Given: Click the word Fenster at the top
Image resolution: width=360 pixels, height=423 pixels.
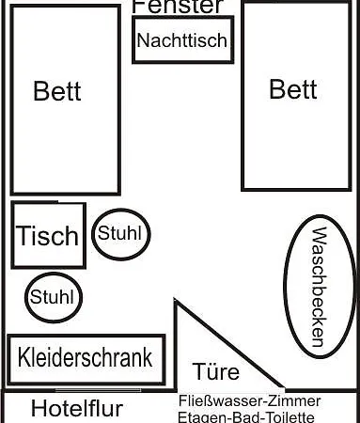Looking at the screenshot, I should click(x=178, y=6).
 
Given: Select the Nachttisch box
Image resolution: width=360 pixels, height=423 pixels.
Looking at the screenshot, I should click(x=182, y=40).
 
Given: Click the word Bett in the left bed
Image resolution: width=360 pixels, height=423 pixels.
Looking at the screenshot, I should click(x=57, y=91).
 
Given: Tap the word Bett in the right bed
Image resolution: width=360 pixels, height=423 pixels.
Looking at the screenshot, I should click(x=293, y=89).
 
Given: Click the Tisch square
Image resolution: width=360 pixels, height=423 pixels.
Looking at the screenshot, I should click(x=49, y=235).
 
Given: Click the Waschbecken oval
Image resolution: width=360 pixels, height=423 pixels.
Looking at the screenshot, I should click(x=318, y=287).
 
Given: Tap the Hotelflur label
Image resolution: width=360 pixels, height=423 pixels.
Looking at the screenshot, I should click(x=77, y=409).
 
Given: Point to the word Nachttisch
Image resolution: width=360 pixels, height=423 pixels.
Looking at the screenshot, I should click(x=182, y=40).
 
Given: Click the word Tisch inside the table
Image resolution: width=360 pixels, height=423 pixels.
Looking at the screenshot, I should click(x=48, y=236).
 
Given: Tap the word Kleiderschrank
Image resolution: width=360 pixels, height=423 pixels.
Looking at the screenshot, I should click(x=86, y=358).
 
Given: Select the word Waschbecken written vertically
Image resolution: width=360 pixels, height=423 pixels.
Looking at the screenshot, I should click(x=318, y=287).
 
